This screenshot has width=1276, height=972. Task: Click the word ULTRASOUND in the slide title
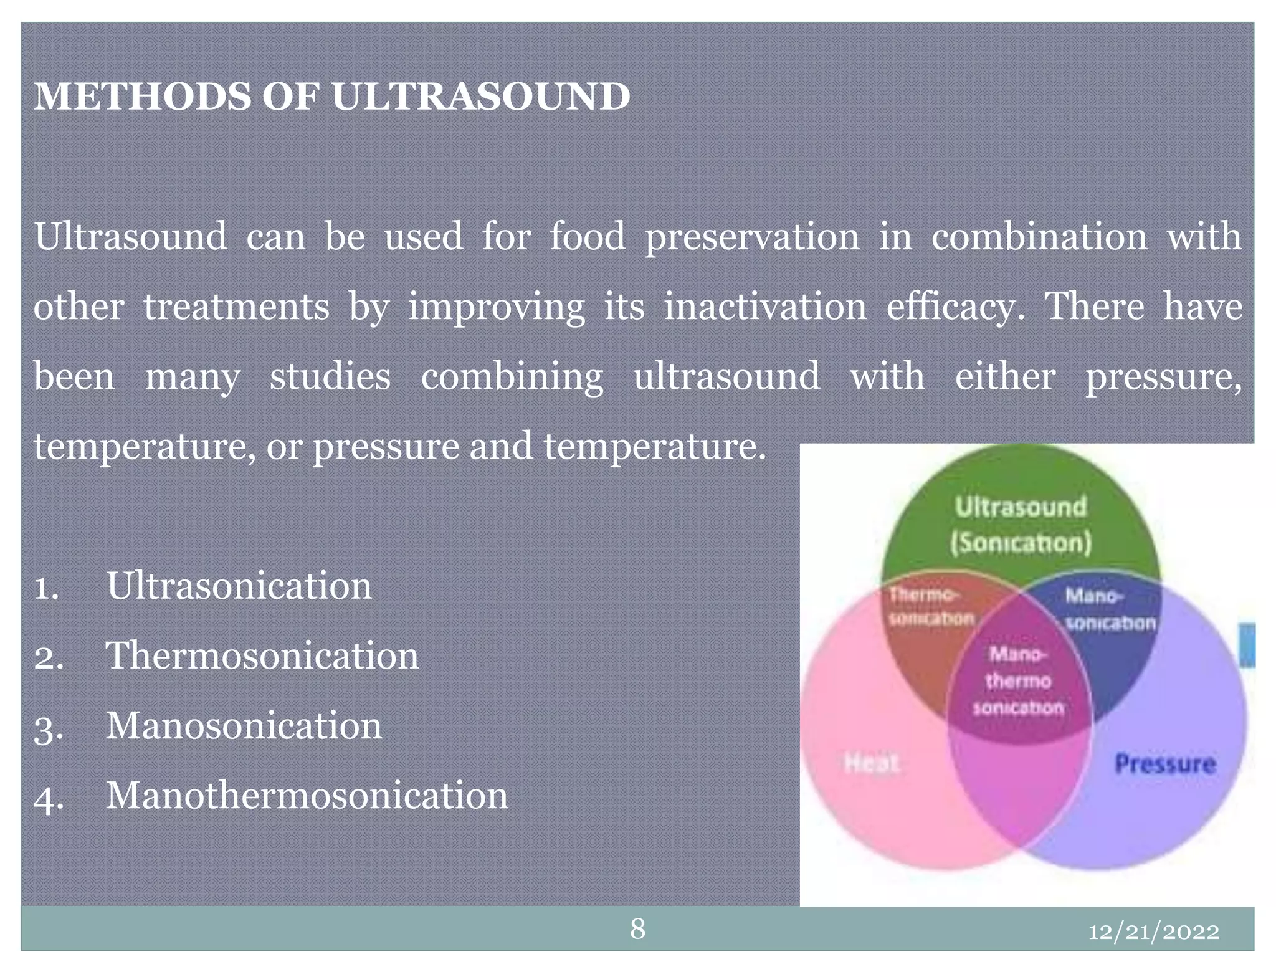click(480, 98)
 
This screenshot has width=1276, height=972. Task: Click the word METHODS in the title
click(142, 98)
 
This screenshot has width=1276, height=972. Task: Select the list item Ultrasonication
click(239, 586)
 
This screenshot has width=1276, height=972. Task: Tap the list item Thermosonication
click(262, 656)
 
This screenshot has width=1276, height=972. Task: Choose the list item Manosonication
click(244, 727)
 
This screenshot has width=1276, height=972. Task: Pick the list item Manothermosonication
click(307, 796)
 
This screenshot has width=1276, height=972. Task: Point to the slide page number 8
click(637, 929)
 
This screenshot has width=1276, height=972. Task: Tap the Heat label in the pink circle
click(872, 763)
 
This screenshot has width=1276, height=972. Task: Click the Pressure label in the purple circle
click(1164, 764)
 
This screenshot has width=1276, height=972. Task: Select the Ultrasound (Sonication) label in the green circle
click(1021, 525)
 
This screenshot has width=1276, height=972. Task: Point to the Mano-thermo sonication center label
click(1018, 681)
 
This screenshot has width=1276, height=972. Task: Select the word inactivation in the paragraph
click(764, 307)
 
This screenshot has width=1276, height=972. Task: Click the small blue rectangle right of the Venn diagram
click(1247, 644)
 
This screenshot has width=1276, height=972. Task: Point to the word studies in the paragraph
click(330, 377)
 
